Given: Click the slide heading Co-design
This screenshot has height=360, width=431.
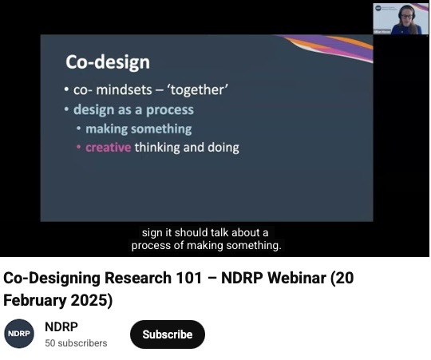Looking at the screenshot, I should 107,62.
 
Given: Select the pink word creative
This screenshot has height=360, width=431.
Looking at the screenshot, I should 108,147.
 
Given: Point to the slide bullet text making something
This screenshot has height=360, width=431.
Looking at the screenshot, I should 138,129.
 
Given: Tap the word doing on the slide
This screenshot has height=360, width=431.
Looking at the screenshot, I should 220,147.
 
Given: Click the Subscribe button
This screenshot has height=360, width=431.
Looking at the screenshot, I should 167,334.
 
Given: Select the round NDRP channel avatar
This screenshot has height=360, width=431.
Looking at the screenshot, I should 19,334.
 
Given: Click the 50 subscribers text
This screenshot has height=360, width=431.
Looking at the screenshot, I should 76,343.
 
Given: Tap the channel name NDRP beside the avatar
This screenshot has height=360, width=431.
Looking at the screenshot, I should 61,327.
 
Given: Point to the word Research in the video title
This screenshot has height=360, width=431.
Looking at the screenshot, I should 111,279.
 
